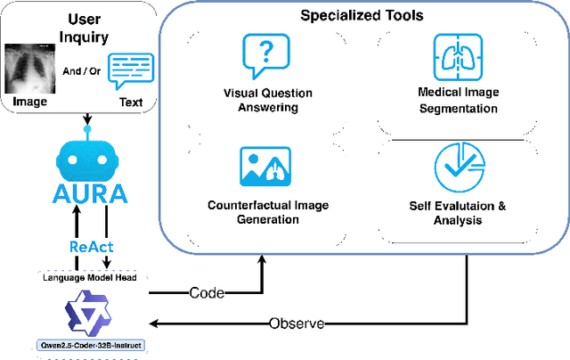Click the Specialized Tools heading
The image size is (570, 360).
(360, 16)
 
